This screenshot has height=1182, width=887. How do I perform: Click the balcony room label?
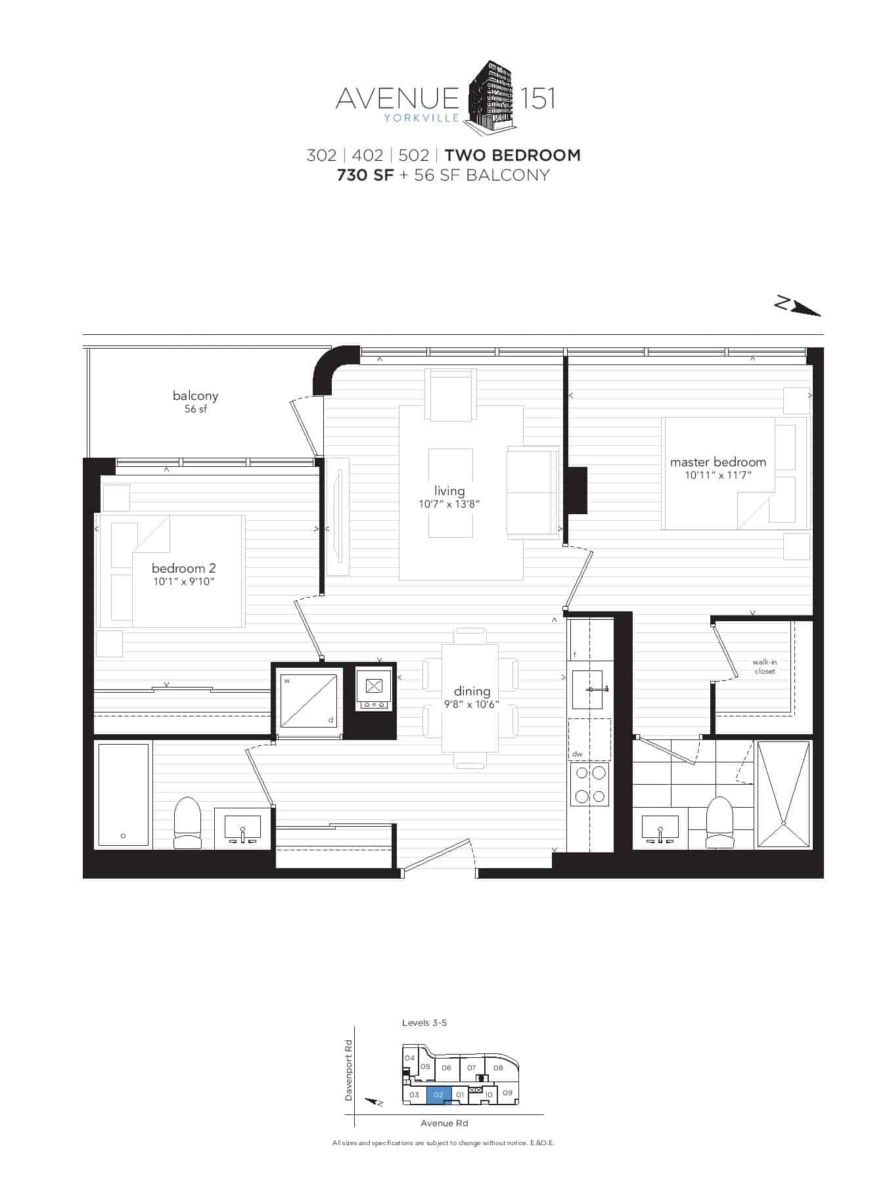coord(195,395)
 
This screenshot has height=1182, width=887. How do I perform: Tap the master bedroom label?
coord(718,462)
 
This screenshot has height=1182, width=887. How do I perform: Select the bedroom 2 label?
coord(183,568)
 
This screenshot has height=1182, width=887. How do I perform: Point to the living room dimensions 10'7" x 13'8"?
coord(450,504)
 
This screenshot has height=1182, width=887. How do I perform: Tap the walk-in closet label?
coord(765,667)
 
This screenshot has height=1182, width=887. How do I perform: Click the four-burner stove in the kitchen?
coord(590,785)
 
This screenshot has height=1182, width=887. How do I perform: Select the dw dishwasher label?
coord(578,755)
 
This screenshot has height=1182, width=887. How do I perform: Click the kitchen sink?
coord(587,689)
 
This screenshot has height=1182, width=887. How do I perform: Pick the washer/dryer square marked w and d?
coord(308,701)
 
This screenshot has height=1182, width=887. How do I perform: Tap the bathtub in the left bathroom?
coord(124,795)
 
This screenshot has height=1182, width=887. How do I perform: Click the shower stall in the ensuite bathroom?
coord(783,795)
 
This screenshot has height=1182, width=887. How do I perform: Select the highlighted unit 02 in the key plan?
coord(439,1095)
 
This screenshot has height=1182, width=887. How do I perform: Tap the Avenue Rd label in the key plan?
coord(444,1123)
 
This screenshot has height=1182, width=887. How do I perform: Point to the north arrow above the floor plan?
coord(798,306)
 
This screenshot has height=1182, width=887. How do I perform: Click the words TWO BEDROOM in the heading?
coord(512,156)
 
